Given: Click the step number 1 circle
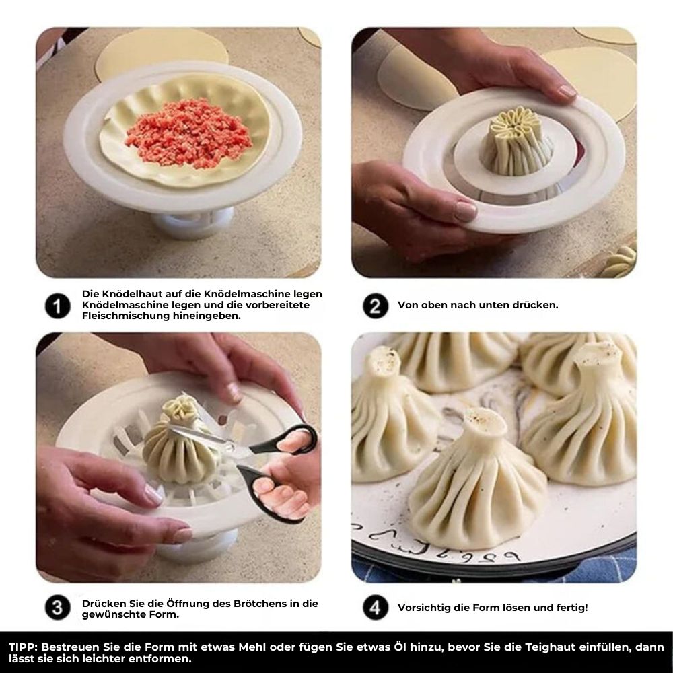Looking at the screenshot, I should [x=57, y=306].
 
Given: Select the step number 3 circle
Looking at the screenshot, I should [x=57, y=608].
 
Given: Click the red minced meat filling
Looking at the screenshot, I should [x=188, y=132].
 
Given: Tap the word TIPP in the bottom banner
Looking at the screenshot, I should [x=23, y=647].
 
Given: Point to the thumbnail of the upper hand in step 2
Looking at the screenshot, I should [x=567, y=90].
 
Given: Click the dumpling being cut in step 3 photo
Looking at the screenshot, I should [x=178, y=448].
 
